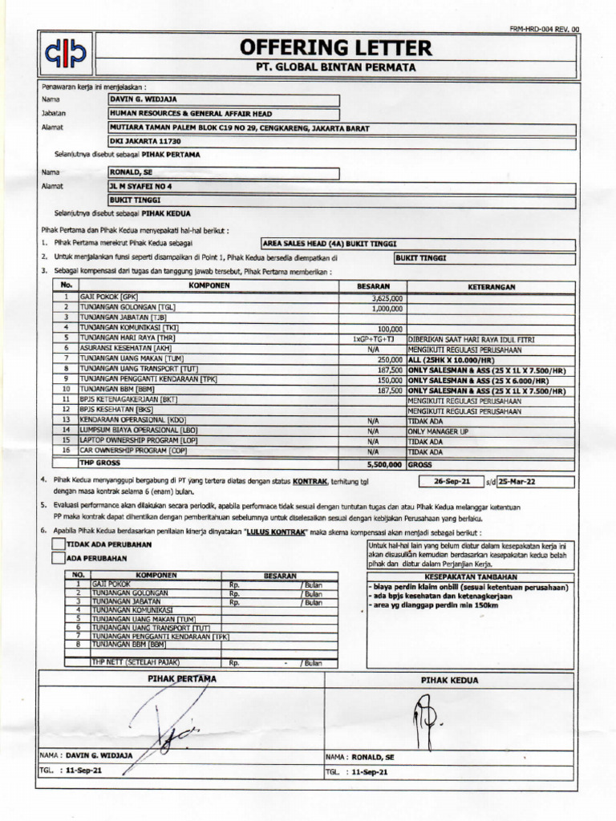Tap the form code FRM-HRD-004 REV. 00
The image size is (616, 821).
[x=544, y=29]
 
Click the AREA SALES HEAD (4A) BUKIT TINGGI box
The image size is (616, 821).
[x=417, y=244]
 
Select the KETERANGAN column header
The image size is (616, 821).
[x=492, y=286]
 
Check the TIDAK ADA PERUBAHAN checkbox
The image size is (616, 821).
[x=58, y=544]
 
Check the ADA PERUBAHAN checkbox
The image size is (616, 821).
[x=58, y=558]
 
